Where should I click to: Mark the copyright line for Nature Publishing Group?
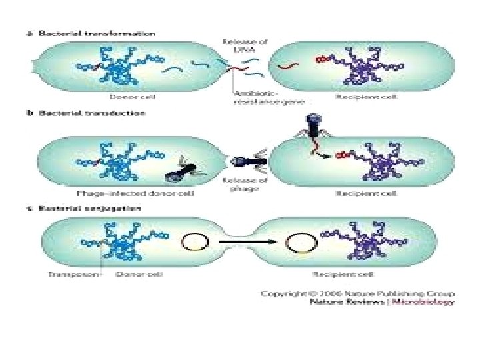(x=357, y=292)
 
